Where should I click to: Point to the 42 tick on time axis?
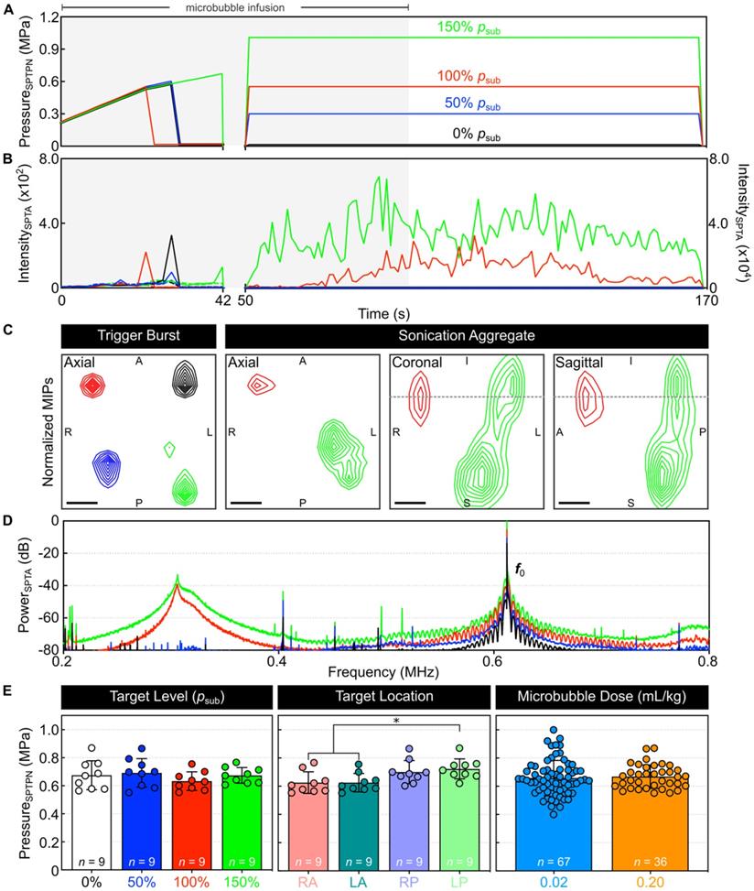(x=224, y=299)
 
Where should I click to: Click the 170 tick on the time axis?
(x=701, y=299)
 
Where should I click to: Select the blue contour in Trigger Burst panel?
(x=108, y=469)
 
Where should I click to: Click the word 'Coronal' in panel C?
(x=417, y=364)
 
